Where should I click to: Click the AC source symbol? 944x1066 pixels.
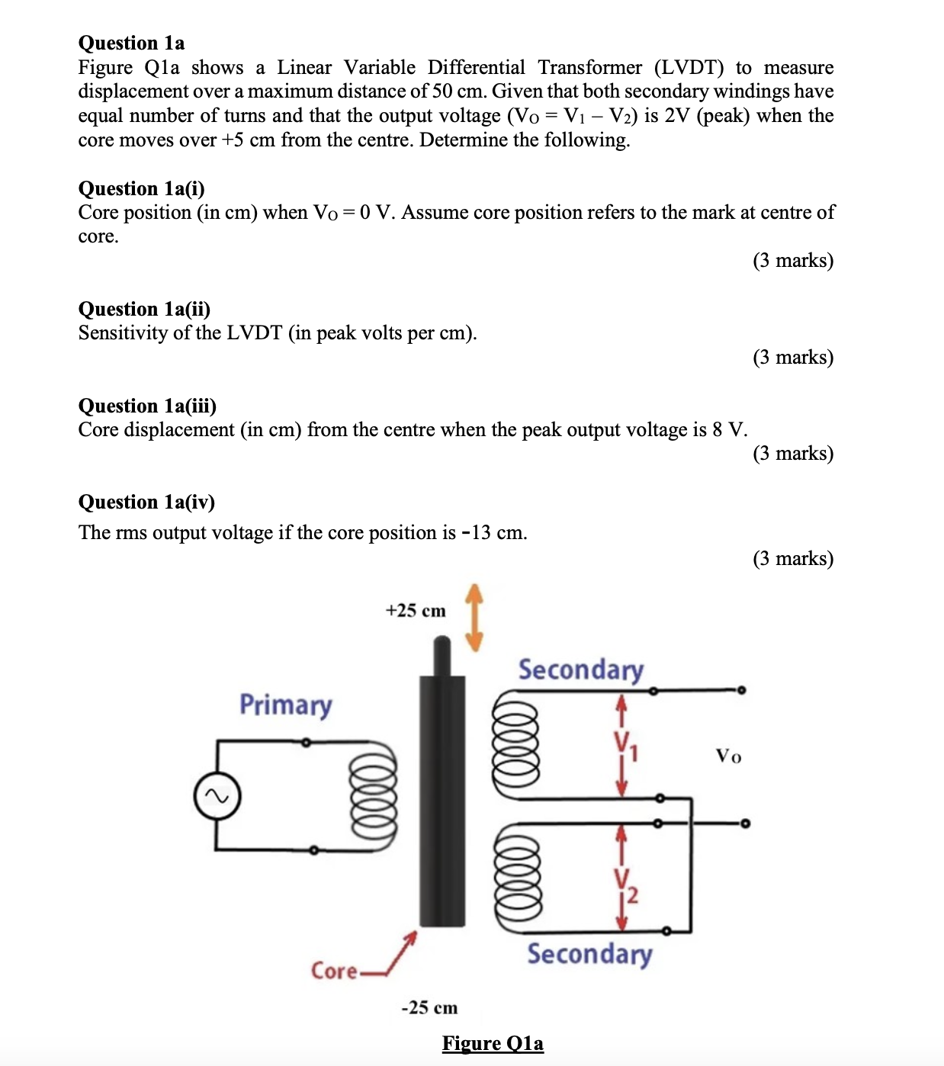(x=217, y=797)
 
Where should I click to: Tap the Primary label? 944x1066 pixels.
(x=285, y=705)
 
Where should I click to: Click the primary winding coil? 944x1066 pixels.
(x=373, y=796)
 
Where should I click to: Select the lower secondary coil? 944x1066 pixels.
(x=518, y=878)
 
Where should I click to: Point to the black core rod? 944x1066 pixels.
(x=441, y=801)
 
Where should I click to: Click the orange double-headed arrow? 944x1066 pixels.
(x=474, y=618)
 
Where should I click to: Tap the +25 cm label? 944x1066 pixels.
(x=416, y=611)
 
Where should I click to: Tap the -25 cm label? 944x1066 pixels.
(x=429, y=1007)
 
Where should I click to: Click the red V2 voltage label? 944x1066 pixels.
(x=625, y=885)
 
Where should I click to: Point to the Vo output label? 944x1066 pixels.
(x=728, y=756)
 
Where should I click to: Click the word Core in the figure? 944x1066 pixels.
(x=334, y=971)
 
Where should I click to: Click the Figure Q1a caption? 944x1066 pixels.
(x=493, y=1043)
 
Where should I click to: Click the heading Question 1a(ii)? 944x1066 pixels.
(x=144, y=309)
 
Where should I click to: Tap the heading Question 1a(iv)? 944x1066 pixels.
(x=146, y=502)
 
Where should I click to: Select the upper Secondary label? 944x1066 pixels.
(x=581, y=669)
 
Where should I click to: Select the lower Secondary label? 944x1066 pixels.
(x=589, y=954)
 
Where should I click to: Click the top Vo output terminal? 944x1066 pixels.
(x=741, y=690)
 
